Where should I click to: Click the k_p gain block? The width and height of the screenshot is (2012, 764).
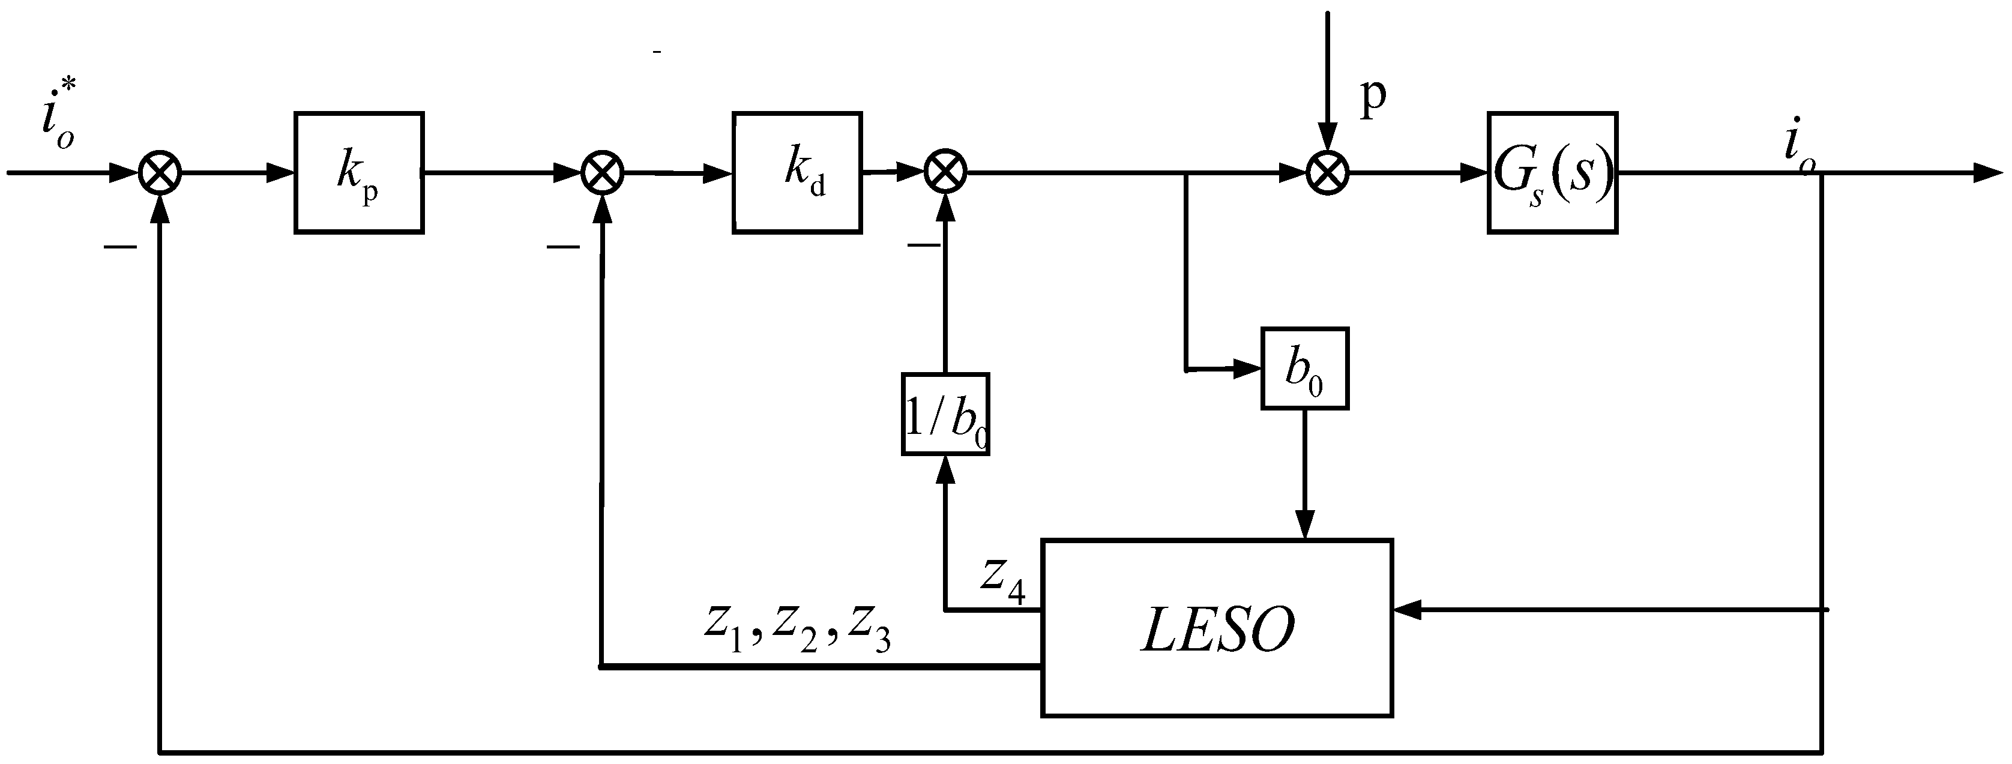[358, 173]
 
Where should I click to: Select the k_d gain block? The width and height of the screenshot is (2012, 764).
[797, 173]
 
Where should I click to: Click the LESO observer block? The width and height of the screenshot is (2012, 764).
[1216, 627]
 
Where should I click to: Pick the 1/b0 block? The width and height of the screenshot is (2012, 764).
[945, 414]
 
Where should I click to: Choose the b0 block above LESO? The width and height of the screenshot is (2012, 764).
[1304, 368]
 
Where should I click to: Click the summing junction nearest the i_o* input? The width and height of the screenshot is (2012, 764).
[160, 173]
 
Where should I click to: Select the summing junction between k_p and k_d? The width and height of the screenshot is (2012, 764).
[602, 173]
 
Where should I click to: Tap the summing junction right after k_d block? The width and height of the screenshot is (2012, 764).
[945, 173]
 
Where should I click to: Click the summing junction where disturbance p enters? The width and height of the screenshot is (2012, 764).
[1328, 173]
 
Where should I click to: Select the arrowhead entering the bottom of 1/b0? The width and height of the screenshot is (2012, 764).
[946, 468]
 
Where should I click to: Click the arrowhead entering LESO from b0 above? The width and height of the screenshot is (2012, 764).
[1304, 525]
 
